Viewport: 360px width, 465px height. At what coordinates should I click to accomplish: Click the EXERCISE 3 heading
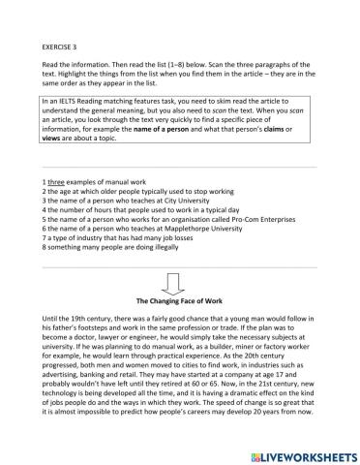tap(62, 46)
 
